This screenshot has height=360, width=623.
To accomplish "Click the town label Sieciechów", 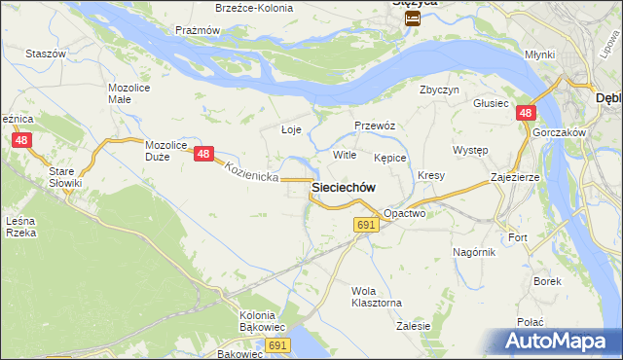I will [343, 187].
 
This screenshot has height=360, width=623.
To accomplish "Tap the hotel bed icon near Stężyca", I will [413, 18].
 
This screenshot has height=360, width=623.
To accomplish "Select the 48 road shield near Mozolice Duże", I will [203, 153].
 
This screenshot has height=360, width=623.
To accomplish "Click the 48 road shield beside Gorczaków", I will [525, 114].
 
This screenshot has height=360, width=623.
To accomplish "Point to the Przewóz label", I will [374, 126].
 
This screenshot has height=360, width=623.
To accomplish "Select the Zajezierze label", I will [516, 178].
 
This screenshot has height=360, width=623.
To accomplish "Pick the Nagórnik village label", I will [474, 252].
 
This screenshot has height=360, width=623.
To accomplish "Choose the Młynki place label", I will [538, 55].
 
